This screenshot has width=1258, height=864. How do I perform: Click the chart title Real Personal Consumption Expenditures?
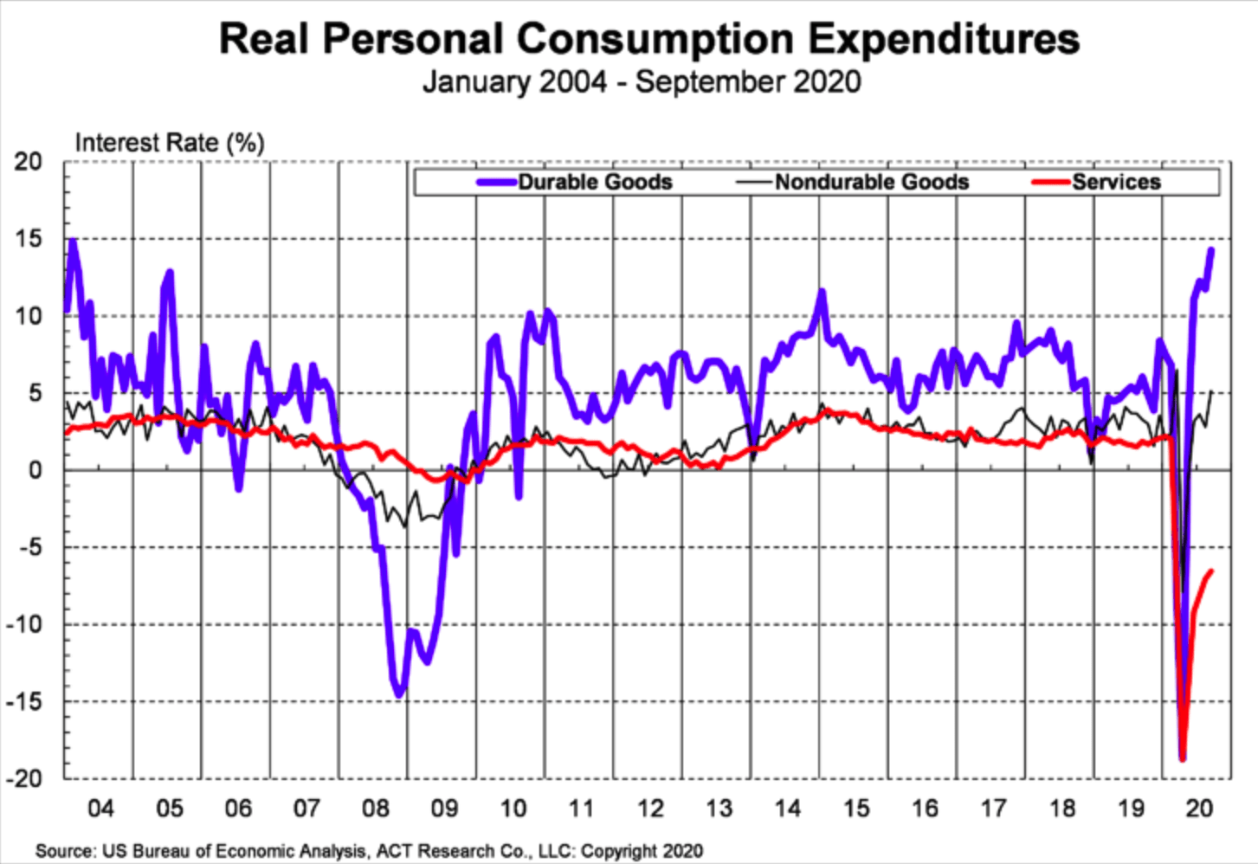point(648,40)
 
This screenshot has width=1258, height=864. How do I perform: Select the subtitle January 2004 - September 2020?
point(642,82)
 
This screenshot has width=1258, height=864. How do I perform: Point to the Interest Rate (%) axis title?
point(170,143)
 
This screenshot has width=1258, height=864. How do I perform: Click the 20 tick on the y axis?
point(27,162)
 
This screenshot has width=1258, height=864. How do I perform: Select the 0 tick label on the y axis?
point(35,470)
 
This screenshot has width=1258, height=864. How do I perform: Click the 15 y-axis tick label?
point(27,239)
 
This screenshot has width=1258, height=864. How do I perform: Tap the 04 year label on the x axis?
point(100,809)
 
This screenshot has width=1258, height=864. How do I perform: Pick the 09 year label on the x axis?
point(444,809)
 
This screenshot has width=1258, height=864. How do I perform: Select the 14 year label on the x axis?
point(787,809)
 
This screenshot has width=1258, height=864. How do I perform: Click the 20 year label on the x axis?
point(1199,809)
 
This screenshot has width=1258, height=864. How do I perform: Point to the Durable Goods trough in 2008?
point(399,693)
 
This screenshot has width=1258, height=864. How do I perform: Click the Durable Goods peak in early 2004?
point(73,242)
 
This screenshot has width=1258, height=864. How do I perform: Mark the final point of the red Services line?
point(1211,571)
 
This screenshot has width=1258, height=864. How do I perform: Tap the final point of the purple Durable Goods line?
point(1211,250)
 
